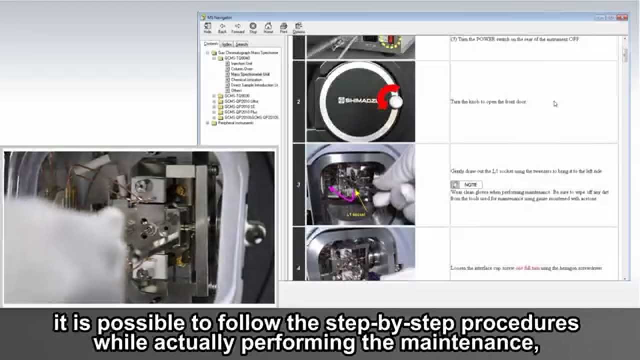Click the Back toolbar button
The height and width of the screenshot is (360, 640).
(x=222, y=27)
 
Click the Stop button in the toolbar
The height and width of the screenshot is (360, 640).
(x=253, y=27)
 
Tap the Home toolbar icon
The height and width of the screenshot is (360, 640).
(x=268, y=27)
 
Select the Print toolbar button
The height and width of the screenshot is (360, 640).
(x=283, y=27)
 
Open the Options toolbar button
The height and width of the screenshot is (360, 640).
(x=299, y=27)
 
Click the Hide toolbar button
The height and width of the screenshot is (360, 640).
(x=207, y=27)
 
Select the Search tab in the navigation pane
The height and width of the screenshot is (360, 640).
(x=241, y=44)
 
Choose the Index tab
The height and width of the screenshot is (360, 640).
(x=226, y=44)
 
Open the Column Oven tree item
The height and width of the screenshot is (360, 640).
(x=242, y=69)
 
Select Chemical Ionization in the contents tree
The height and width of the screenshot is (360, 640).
(x=246, y=80)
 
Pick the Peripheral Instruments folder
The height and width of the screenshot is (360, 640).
(x=235, y=123)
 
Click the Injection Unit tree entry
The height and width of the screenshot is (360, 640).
(x=241, y=63)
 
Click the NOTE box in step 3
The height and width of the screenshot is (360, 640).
(x=466, y=184)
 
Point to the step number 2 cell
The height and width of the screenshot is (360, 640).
(x=298, y=102)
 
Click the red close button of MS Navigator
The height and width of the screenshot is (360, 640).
(x=622, y=17)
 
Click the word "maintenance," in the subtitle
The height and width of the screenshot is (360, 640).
(x=482, y=342)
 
